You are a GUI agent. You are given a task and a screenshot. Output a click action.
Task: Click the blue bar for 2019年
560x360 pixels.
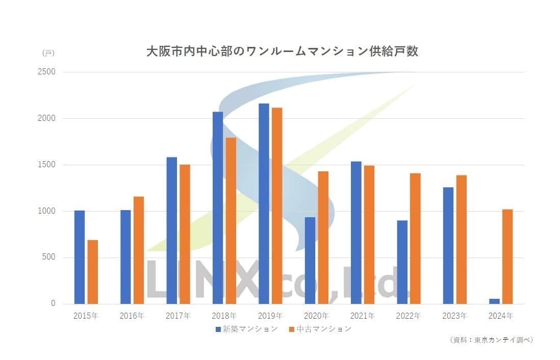click(264, 203)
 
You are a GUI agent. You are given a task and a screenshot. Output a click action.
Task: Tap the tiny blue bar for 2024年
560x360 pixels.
click(494, 301)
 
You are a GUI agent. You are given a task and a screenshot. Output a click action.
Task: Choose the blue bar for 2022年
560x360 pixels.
click(402, 262)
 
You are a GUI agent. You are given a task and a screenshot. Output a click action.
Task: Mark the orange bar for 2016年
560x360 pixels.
click(139, 250)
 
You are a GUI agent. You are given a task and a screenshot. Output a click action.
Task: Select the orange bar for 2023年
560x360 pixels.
click(462, 239)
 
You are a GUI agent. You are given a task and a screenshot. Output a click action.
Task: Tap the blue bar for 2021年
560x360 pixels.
click(356, 233)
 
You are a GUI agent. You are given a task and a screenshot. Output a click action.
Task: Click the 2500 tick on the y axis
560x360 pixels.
click(46, 72)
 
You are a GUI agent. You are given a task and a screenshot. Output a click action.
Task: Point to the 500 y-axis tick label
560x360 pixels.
click(49, 258)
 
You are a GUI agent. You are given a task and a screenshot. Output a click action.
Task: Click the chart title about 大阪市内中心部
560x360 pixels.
click(282, 52)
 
